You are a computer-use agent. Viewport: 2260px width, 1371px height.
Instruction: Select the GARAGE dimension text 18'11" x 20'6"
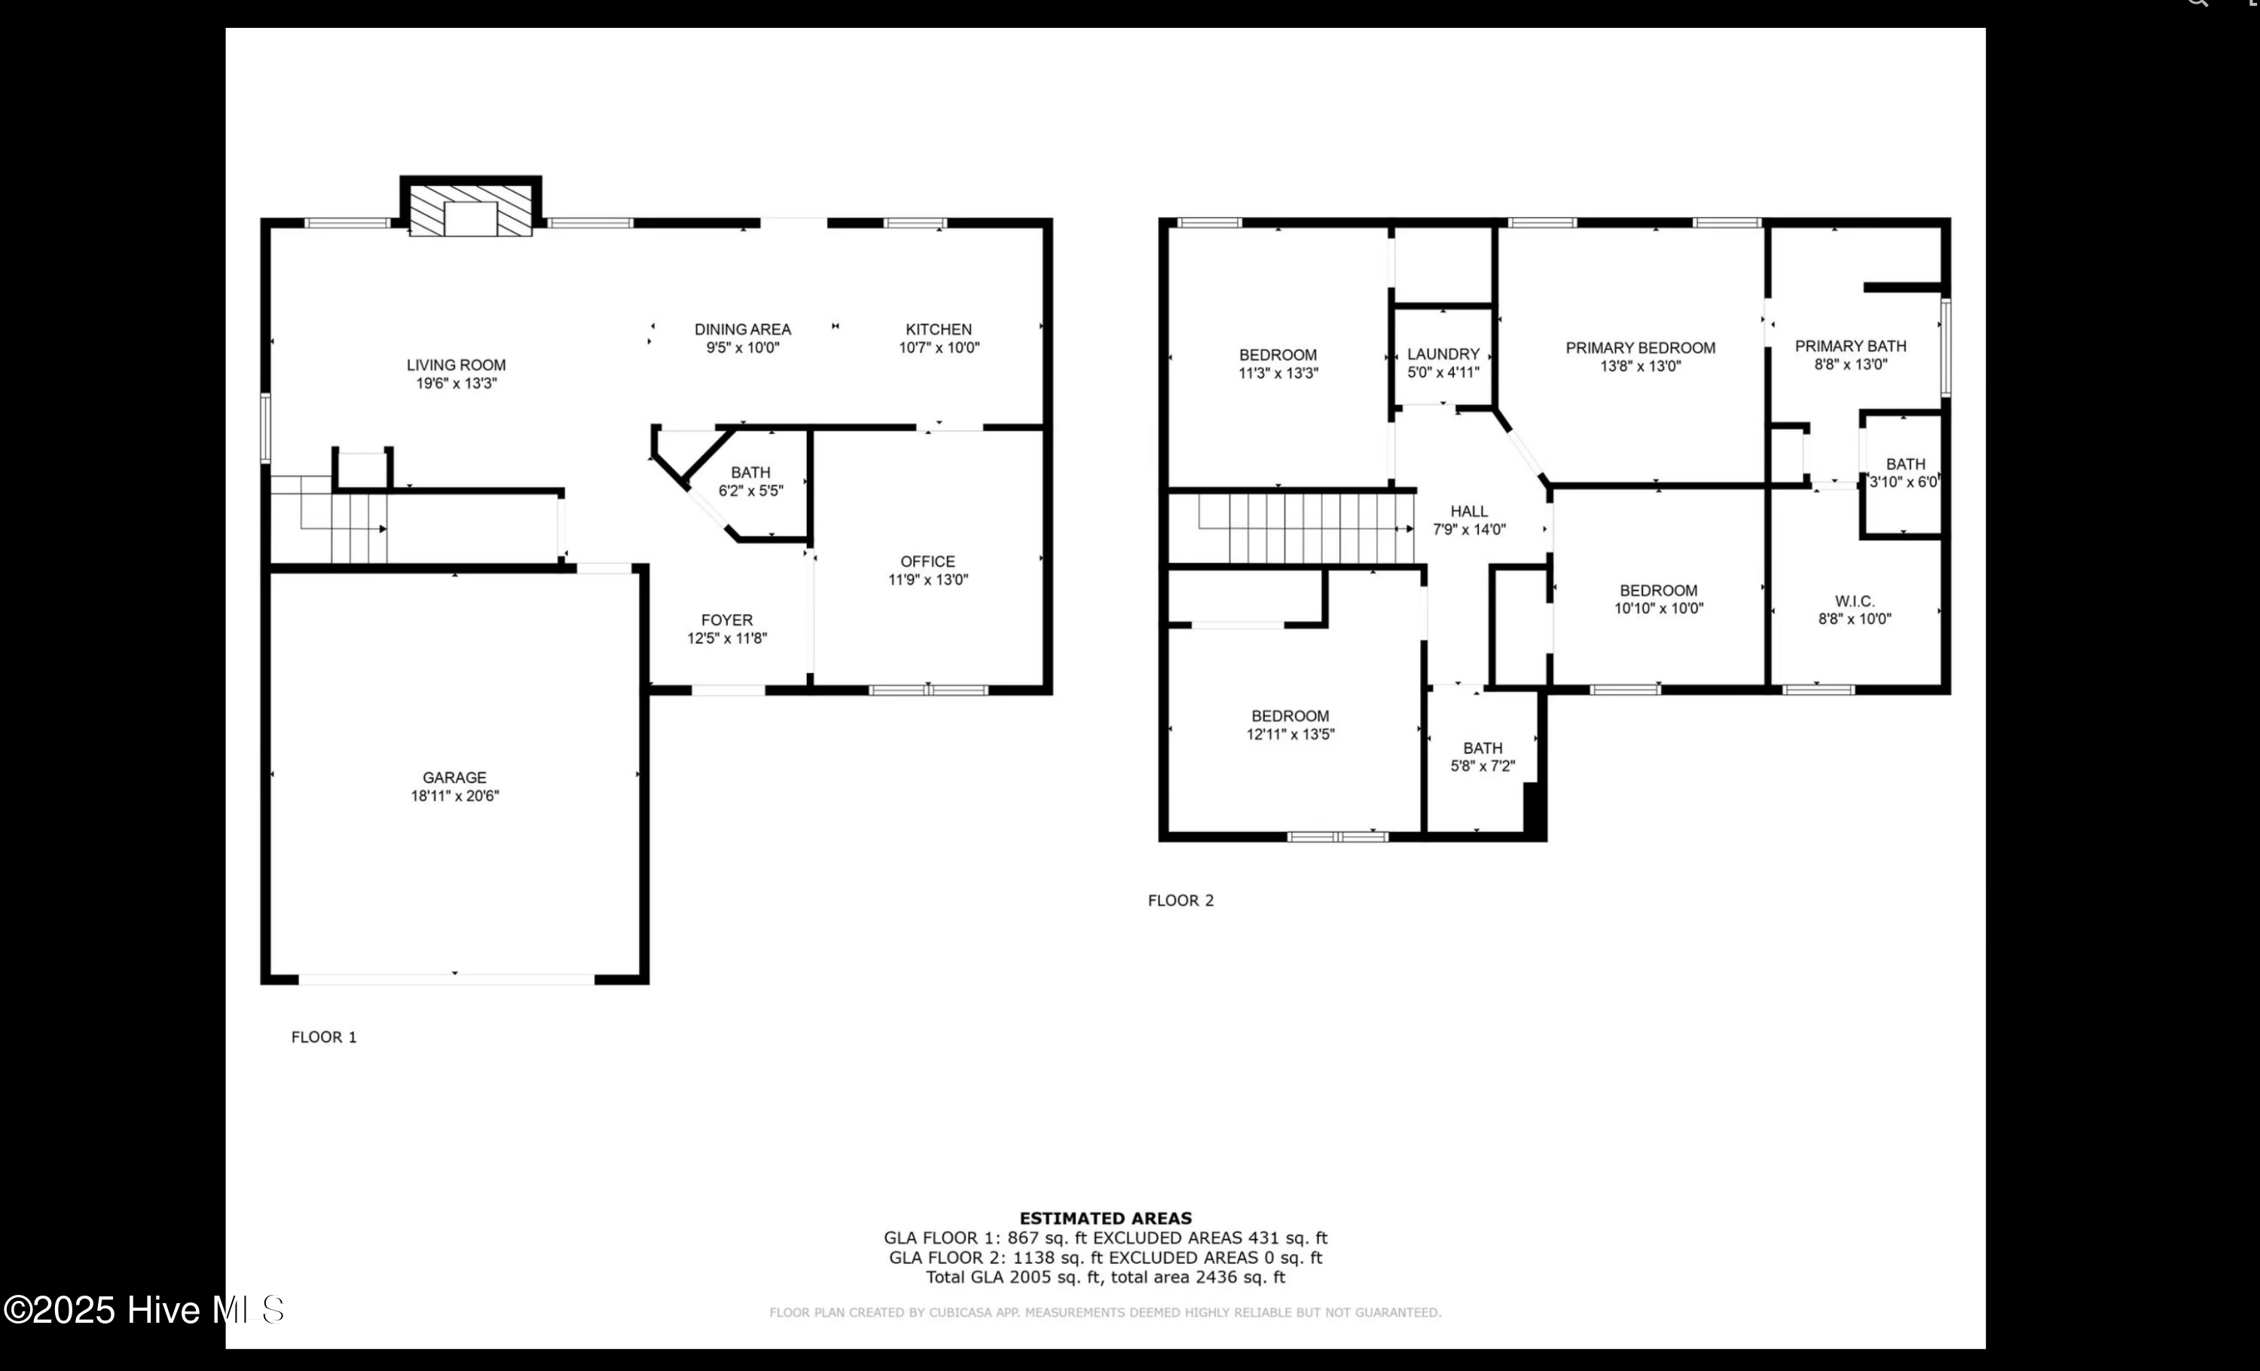click(x=454, y=797)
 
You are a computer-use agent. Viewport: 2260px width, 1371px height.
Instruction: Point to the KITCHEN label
click(x=939, y=329)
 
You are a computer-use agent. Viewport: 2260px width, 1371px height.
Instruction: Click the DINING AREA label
click(x=742, y=329)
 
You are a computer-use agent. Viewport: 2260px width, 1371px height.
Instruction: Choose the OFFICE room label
click(x=927, y=562)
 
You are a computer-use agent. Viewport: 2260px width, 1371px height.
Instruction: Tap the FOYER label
click(x=726, y=620)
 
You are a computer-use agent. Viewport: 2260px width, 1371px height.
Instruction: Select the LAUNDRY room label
click(x=1443, y=354)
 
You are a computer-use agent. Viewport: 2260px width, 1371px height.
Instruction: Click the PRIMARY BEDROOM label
click(x=1640, y=347)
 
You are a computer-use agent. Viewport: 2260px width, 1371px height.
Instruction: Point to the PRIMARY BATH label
click(x=1850, y=346)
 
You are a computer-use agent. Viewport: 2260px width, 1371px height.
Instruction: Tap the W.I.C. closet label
click(x=1854, y=601)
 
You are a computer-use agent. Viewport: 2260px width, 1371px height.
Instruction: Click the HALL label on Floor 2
click(x=1468, y=511)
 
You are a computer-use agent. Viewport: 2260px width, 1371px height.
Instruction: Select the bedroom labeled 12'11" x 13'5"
click(x=1290, y=725)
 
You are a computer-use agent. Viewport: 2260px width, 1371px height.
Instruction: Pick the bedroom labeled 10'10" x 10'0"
click(x=1658, y=599)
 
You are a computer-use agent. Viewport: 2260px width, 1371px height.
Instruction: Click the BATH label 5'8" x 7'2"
click(x=1483, y=757)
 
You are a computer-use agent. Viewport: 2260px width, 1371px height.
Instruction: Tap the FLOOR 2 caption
click(x=1180, y=900)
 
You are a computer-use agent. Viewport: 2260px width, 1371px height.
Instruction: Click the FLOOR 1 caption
click(x=324, y=1037)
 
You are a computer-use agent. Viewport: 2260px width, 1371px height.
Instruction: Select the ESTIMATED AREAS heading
click(x=1105, y=1219)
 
